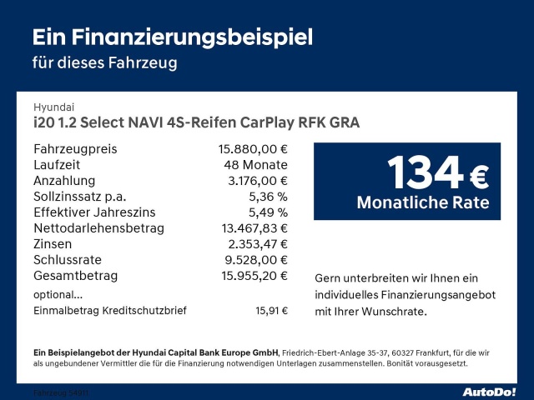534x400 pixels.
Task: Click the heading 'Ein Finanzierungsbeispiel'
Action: pyautogui.click(x=172, y=37)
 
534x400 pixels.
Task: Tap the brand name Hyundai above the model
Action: pyautogui.click(x=53, y=107)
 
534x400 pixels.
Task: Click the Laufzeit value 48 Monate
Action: pyautogui.click(x=251, y=165)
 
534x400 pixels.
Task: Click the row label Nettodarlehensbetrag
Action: pyautogui.click(x=98, y=228)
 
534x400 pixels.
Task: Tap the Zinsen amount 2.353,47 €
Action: pyautogui.click(x=256, y=244)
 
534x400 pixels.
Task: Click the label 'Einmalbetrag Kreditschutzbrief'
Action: pyautogui.click(x=110, y=311)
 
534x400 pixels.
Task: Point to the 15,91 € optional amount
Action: pyautogui.click(x=271, y=311)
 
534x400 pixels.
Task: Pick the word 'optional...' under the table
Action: pyautogui.click(x=58, y=294)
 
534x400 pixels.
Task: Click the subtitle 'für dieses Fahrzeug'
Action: pyautogui.click(x=104, y=62)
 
